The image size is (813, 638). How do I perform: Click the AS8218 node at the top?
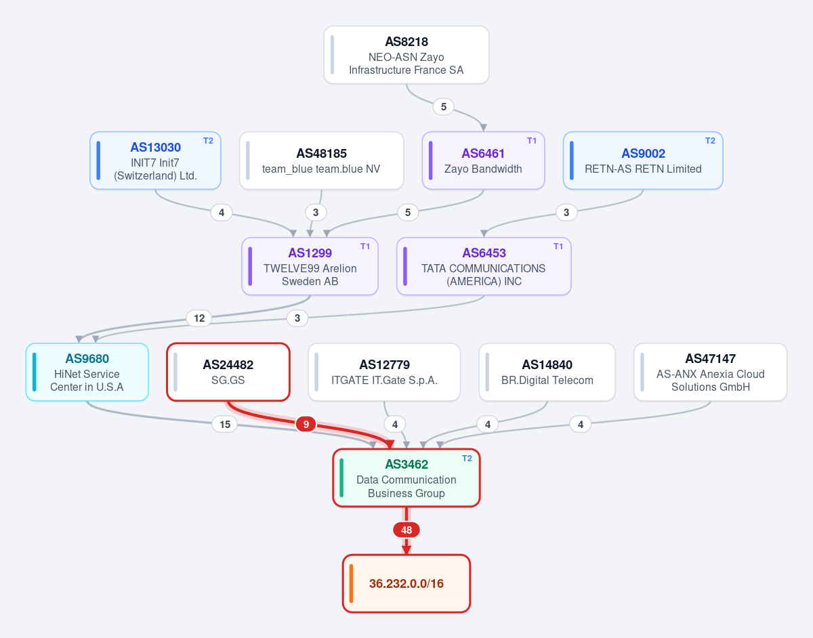click(x=406, y=55)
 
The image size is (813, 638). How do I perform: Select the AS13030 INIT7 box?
click(x=155, y=161)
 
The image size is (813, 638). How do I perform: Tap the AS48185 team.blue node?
click(x=321, y=161)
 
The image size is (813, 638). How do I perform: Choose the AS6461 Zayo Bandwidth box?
click(x=483, y=161)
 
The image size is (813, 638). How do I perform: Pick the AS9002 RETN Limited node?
click(x=643, y=161)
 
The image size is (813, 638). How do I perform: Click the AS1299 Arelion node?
click(x=310, y=266)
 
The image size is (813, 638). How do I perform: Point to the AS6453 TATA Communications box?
click(x=484, y=266)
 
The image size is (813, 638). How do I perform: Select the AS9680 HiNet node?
click(x=87, y=372)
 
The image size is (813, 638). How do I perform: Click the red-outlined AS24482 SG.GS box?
click(x=228, y=372)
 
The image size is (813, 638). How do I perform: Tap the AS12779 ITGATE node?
click(x=384, y=372)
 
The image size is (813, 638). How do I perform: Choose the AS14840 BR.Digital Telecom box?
click(x=547, y=372)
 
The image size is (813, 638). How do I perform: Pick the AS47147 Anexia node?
click(x=711, y=372)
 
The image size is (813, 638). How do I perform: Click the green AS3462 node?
click(x=406, y=478)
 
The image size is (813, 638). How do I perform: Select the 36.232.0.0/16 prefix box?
click(x=406, y=583)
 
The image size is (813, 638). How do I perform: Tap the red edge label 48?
click(x=406, y=530)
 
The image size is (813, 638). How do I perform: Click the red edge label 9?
click(x=306, y=425)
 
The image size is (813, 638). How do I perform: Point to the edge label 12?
click(x=199, y=318)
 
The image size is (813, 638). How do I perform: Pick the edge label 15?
click(x=225, y=425)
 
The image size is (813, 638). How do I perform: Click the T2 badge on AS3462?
click(x=467, y=459)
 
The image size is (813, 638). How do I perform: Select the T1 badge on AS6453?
click(x=558, y=247)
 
